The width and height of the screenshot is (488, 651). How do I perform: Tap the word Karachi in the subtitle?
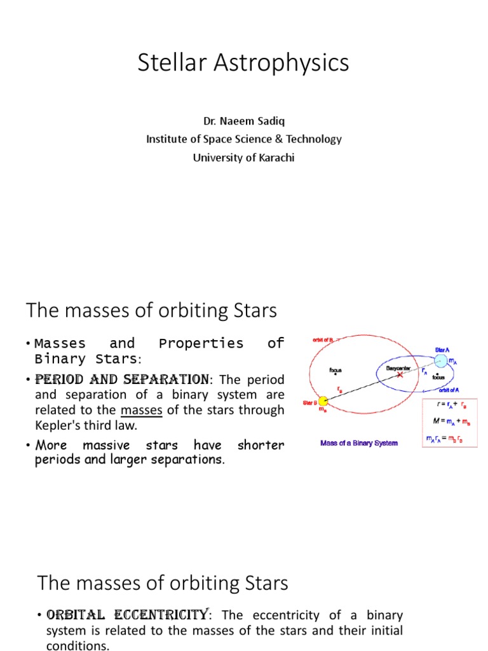(x=278, y=158)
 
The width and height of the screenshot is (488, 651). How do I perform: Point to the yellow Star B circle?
(x=323, y=401)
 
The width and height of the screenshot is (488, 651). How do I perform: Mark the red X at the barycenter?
(x=400, y=375)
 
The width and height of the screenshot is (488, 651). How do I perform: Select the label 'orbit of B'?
(x=323, y=340)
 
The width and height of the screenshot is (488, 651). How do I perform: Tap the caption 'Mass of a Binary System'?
(x=359, y=442)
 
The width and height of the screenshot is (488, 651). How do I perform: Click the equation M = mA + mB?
(x=449, y=421)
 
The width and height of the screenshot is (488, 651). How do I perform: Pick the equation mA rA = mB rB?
(x=449, y=437)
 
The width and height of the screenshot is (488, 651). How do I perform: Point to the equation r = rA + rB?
(x=449, y=404)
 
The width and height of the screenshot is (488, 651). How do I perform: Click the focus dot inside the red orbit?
(x=335, y=374)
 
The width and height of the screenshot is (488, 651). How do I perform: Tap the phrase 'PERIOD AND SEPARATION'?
(x=122, y=380)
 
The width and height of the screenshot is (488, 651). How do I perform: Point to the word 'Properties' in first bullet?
(x=201, y=343)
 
